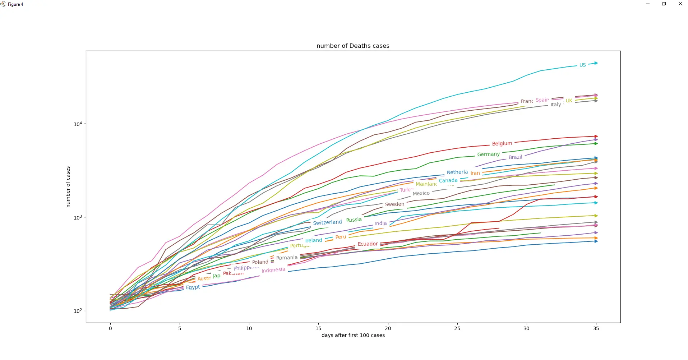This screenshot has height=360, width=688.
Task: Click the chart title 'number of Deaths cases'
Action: point(353,46)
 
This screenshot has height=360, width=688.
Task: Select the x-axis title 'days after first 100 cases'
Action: point(353,335)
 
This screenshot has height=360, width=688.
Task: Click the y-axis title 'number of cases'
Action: point(68,187)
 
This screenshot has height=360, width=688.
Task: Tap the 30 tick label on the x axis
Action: point(526,328)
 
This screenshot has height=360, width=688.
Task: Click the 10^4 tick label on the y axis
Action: point(78,124)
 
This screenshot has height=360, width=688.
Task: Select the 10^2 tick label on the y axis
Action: point(78,311)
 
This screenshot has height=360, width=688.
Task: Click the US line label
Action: point(582,65)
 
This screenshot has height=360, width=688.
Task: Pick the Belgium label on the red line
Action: point(502,144)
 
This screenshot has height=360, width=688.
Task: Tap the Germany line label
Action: point(488,154)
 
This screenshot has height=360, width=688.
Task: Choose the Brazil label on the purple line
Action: point(515,157)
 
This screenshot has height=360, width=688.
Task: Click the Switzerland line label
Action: point(327,222)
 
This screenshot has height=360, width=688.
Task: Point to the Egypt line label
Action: point(193,287)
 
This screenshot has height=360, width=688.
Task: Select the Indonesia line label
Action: point(273,270)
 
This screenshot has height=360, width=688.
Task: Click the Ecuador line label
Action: point(368,244)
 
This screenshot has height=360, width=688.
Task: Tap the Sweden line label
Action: point(394,204)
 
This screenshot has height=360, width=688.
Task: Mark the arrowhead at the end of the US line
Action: point(596,63)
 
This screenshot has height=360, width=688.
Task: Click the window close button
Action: point(680,4)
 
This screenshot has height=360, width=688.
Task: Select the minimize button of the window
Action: point(648,4)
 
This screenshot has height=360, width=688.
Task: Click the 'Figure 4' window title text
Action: point(15,4)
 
